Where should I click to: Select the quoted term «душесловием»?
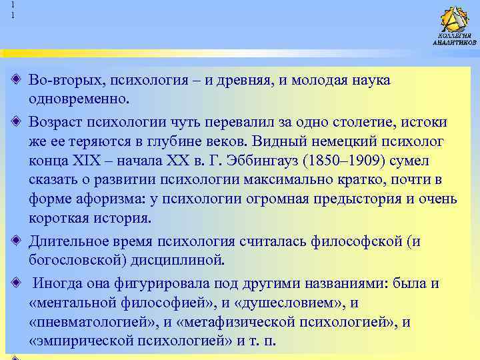click(x=294, y=303)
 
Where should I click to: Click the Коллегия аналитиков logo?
click(x=455, y=25)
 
